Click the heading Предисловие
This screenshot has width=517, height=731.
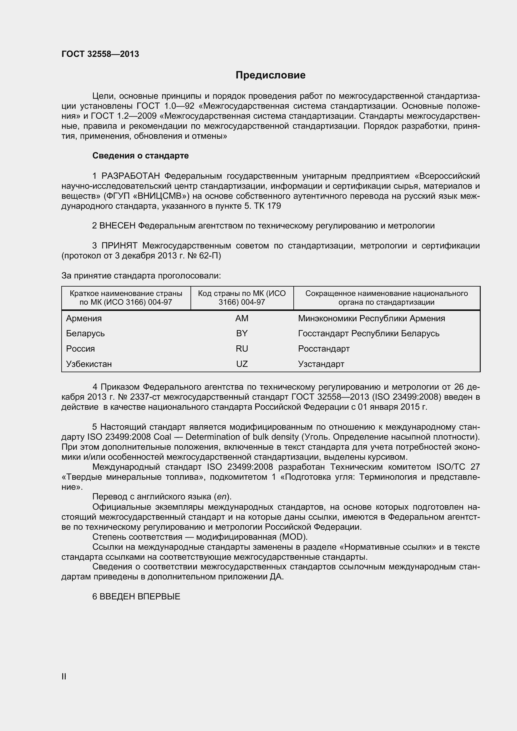pyautogui.click(x=270, y=75)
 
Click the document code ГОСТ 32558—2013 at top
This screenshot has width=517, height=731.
pyautogui.click(x=100, y=54)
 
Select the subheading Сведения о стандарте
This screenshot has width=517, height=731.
pyautogui.click(x=140, y=156)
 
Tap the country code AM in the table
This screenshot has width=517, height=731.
pyautogui.click(x=242, y=318)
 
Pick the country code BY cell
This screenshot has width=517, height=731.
pyautogui.click(x=242, y=333)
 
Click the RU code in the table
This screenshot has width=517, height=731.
pyautogui.click(x=242, y=349)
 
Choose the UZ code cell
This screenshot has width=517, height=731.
pyautogui.click(x=242, y=364)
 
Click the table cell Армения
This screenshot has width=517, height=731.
pyautogui.click(x=84, y=318)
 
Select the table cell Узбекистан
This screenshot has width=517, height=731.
pyautogui.click(x=89, y=364)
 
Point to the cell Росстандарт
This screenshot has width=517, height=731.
pyautogui.click(x=324, y=349)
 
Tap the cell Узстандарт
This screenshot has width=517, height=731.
pyautogui.click(x=321, y=364)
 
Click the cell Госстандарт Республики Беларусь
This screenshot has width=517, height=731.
pyautogui.click(x=368, y=333)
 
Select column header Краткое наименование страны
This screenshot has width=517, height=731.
pyautogui.click(x=126, y=293)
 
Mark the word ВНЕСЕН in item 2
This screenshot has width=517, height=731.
pyautogui.click(x=118, y=226)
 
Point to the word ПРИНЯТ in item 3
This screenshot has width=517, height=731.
pyautogui.click(x=119, y=246)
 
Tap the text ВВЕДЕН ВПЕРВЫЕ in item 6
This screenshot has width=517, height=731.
pyautogui.click(x=140, y=597)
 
